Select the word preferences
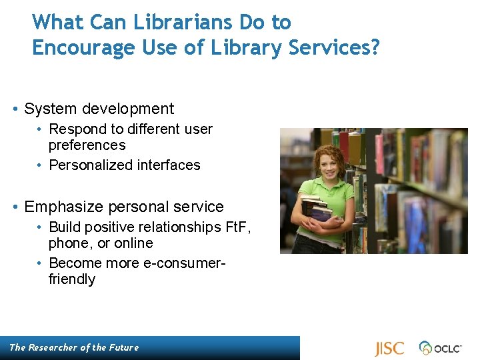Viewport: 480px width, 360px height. (87, 145)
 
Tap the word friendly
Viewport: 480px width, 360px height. (72, 279)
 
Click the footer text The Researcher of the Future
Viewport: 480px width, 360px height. (74, 347)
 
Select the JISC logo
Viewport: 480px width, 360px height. (389, 349)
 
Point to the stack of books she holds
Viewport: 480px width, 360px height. (319, 212)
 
